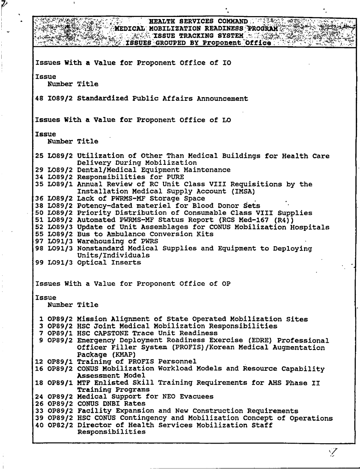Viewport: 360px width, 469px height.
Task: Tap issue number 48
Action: pos(39,99)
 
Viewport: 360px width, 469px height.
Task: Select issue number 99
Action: pos(39,263)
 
